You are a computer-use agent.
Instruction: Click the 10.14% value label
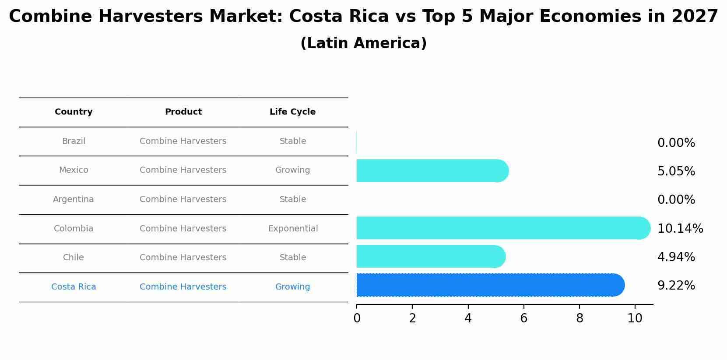(680, 228)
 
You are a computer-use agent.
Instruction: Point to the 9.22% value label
(676, 286)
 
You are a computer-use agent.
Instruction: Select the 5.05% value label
(676, 171)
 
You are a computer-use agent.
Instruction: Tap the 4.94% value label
(676, 257)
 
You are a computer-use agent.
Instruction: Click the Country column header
(74, 112)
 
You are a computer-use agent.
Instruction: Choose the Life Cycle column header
(292, 112)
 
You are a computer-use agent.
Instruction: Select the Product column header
(183, 112)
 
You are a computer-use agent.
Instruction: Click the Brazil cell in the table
(74, 141)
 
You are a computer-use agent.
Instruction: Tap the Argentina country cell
(74, 199)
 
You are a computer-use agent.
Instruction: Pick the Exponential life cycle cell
(293, 229)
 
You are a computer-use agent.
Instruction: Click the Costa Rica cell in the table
(74, 287)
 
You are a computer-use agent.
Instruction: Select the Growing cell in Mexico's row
(292, 170)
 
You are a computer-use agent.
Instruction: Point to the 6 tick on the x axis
(523, 318)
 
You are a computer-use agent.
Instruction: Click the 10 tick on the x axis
(635, 318)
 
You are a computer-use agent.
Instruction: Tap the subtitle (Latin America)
(363, 43)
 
